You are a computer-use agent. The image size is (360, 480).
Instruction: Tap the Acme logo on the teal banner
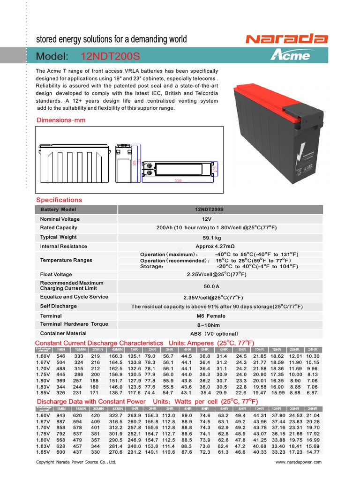pyautogui.click(x=290, y=56)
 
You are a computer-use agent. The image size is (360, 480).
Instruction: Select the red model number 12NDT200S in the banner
pyautogui.click(x=110, y=57)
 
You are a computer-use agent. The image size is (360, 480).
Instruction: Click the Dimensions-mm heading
pyautogui.click(x=61, y=120)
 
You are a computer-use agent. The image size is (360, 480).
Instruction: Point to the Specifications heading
pyautogui.click(x=59, y=200)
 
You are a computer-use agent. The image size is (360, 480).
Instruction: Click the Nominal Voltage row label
pyautogui.click(x=60, y=219)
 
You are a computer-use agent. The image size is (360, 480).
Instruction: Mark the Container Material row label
pyautogui.click(x=63, y=333)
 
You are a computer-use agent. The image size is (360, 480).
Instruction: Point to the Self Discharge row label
pyautogui.click(x=59, y=306)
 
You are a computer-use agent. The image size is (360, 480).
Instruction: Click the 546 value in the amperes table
pyautogui.click(x=61, y=356)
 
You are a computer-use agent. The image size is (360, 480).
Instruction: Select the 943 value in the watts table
pyautogui.click(x=61, y=415)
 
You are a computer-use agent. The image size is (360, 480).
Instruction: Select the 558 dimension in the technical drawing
pyautogui.click(x=178, y=179)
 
